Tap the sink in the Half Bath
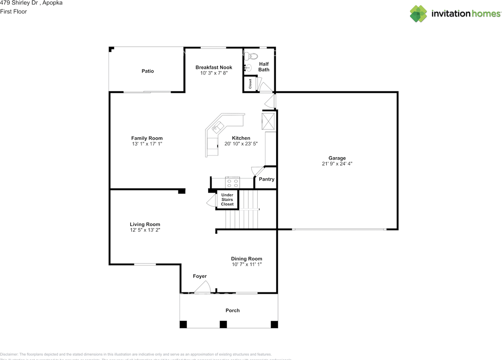tap(247, 67)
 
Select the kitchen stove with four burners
tap(232, 183)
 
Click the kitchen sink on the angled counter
tap(217, 126)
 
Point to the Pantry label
tap(267, 179)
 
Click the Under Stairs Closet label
tap(227, 200)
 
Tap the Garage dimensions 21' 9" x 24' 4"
tap(337, 164)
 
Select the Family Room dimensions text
tap(147, 144)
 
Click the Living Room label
tap(145, 224)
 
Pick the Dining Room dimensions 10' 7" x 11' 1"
tap(246, 264)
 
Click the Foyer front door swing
tap(203, 287)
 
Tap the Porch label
tap(232, 310)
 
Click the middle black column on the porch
tap(223, 324)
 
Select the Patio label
tap(147, 71)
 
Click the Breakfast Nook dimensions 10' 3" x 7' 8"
tap(214, 73)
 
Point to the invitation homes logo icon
tap(418, 14)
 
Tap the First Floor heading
tap(13, 11)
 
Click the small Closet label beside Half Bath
tap(250, 84)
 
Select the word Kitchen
tap(241, 138)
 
